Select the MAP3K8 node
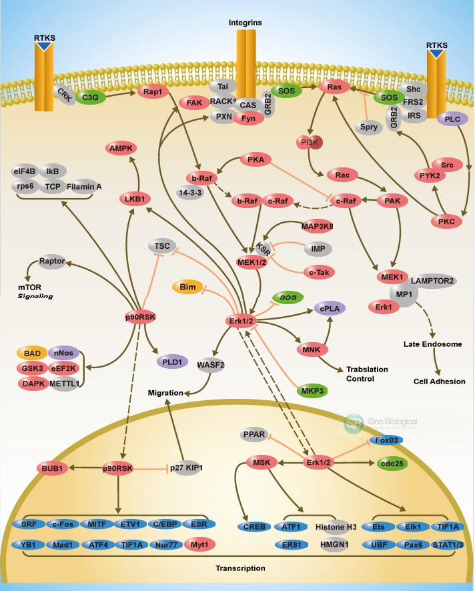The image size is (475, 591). pyautogui.click(x=318, y=227)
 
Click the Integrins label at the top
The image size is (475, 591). pyautogui.click(x=245, y=23)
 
